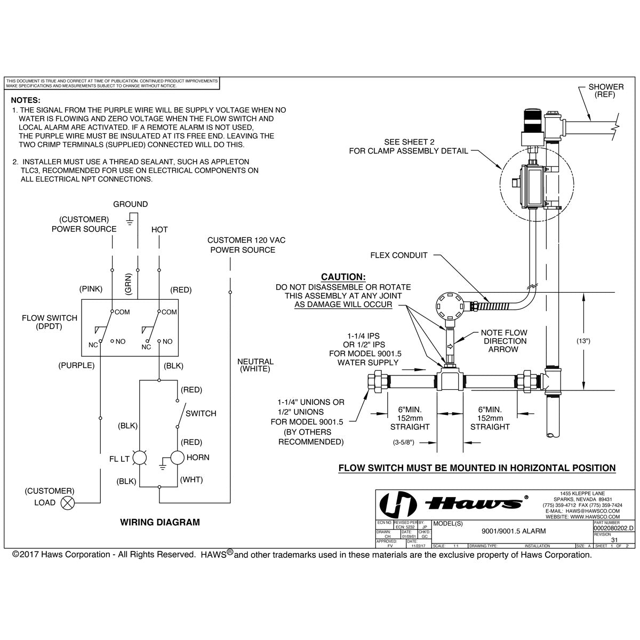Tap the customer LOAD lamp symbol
coord(68,502)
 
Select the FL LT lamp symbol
coord(139,458)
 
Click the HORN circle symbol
coord(177,458)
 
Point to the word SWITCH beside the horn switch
coord(201,413)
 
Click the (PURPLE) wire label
coord(76,365)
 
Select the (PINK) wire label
coord(91,290)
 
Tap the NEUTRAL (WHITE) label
coord(255,365)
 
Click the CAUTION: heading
coord(343,277)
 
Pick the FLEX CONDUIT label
coord(399,255)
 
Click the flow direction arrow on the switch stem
coord(449,346)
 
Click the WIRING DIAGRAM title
coord(159,522)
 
